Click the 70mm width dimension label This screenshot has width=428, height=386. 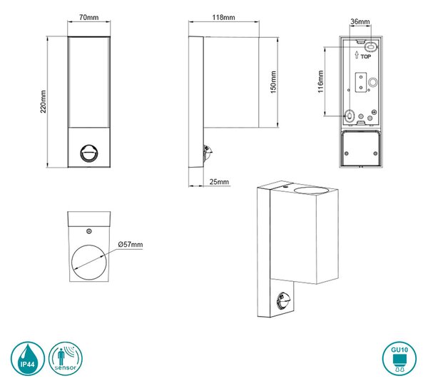pos(88,17)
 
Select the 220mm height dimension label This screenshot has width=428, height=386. pos(43,101)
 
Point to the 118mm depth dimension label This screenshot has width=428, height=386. pos(223,17)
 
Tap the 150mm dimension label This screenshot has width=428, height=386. pos(273,82)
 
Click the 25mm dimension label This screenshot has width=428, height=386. pos(219,181)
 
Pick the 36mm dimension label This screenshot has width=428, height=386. pos(360,21)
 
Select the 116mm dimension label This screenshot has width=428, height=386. pos(320,81)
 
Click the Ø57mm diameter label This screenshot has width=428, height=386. pos(131,244)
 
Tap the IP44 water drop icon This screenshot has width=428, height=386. pos(28,358)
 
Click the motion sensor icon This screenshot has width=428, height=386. pos(66,358)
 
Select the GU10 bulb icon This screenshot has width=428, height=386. pos(399,358)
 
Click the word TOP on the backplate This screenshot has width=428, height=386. pos(366,56)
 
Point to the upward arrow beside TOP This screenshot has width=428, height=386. pos(357,55)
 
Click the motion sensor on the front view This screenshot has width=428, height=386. pos(88,153)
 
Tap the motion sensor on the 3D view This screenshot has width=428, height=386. pos(282,301)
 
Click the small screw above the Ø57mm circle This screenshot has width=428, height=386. pos(88,231)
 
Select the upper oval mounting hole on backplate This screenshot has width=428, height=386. pos(371,48)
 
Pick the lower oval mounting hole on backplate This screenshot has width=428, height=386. pos(349,116)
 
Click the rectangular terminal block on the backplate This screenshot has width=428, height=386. pos(360,83)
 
